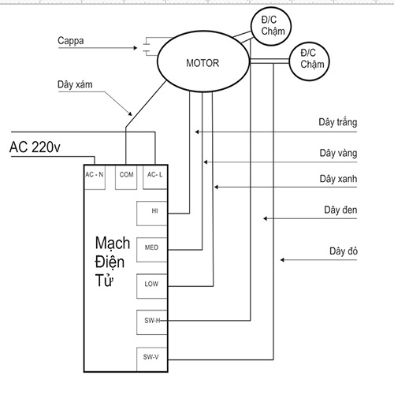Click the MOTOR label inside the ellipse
(203, 63)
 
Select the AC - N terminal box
(95, 177)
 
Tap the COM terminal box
(126, 177)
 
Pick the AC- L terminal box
(155, 177)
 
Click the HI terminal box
(152, 214)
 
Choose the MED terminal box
(152, 250)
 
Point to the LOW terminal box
(152, 286)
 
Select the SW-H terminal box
(152, 322)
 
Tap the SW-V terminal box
(152, 359)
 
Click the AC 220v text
(35, 147)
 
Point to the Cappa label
(71, 41)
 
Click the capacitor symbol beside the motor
(146, 46)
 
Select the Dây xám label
(75, 84)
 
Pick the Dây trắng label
(338, 122)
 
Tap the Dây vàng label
(338, 153)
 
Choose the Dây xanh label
(338, 179)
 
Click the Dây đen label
(340, 210)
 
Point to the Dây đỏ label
(344, 251)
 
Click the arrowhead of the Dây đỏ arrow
(282, 260)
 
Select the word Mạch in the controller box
(113, 243)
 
